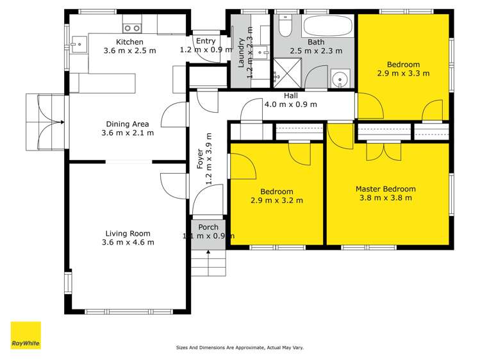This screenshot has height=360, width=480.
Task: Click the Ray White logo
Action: [x=26, y=335]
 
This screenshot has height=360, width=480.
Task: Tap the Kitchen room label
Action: [x=129, y=42]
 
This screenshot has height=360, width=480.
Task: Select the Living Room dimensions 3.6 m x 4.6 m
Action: [x=128, y=242]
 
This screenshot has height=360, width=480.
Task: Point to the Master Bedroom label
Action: [x=385, y=189]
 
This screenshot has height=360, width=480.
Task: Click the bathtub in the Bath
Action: [x=327, y=26]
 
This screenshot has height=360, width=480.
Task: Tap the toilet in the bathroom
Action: [x=285, y=26]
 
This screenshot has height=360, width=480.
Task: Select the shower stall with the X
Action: [x=287, y=74]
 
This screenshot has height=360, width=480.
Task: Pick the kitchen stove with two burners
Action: [x=132, y=28]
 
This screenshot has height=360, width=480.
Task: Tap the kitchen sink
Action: [x=79, y=45]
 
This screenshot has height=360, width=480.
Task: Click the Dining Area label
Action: [x=128, y=124]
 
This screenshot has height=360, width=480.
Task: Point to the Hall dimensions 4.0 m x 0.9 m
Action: [x=290, y=104]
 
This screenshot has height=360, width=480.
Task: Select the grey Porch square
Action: [x=208, y=234]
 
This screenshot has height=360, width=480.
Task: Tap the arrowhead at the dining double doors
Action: [x=62, y=122]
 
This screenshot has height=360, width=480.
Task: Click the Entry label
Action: [x=206, y=41]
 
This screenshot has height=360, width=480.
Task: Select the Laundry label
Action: [x=241, y=53]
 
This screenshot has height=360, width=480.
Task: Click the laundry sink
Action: [x=261, y=53]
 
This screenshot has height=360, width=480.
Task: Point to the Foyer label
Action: [x=200, y=159]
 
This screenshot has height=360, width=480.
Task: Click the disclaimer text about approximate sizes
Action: [x=240, y=347]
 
